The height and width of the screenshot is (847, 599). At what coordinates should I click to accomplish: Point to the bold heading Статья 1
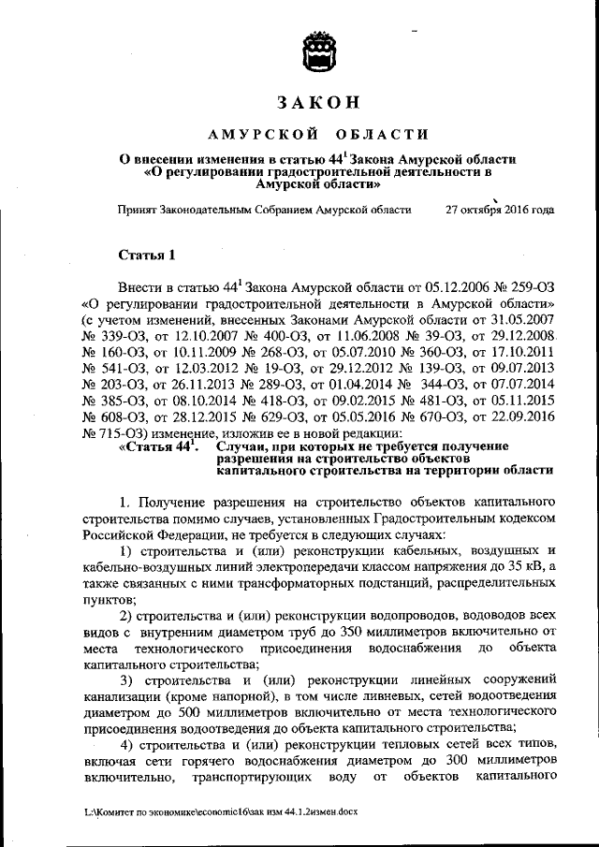(x=147, y=256)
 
